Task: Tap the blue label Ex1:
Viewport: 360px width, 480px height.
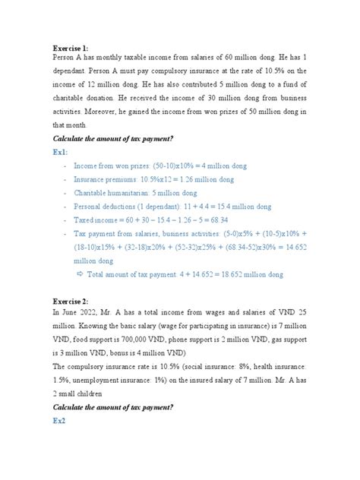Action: [61, 150]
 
